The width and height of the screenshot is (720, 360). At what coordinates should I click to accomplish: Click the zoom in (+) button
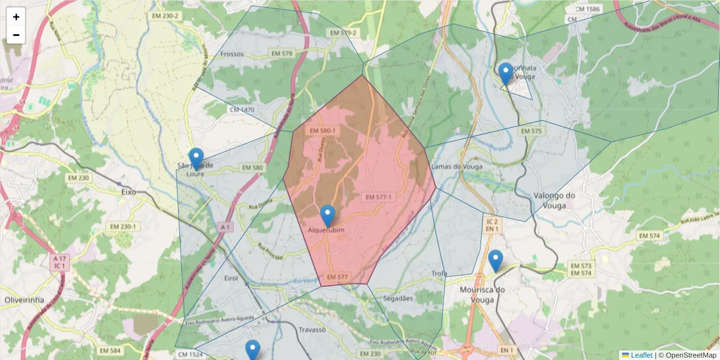pyautogui.click(x=16, y=17)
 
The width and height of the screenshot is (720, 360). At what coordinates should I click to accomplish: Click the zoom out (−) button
pyautogui.click(x=16, y=35)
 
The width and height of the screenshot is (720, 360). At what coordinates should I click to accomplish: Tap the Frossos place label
pyautogui.click(x=232, y=54)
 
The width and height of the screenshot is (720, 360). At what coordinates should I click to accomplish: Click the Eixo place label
pyautogui.click(x=129, y=192)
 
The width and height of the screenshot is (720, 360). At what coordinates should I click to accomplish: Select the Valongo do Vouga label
pyautogui.click(x=554, y=200)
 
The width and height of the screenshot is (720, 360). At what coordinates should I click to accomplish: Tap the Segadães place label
pyautogui.click(x=398, y=298)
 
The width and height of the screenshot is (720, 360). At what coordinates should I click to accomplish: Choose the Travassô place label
pyautogui.click(x=311, y=330)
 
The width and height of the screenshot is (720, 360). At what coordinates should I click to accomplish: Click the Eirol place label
pyautogui.click(x=230, y=278)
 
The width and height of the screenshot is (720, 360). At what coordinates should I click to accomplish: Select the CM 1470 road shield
pyautogui.click(x=242, y=110)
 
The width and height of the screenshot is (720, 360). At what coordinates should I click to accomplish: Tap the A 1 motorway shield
pyautogui.click(x=226, y=227)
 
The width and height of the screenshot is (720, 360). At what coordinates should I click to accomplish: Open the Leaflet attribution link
pyautogui.click(x=640, y=355)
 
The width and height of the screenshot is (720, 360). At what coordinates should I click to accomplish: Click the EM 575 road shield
pyautogui.click(x=531, y=131)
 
